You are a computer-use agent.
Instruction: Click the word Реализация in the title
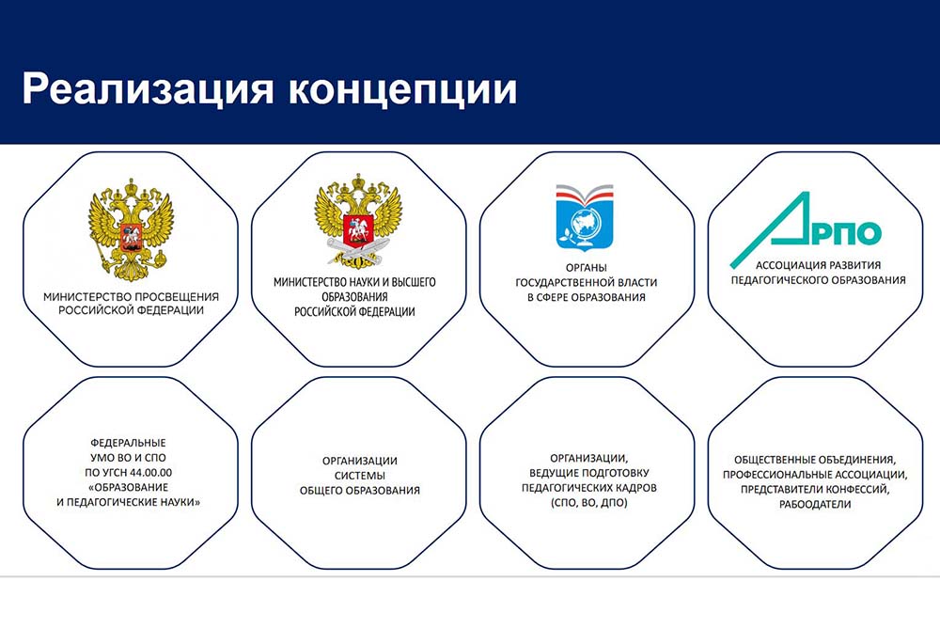[148, 89]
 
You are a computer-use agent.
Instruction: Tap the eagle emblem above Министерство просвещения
[131, 229]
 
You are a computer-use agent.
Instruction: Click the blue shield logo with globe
[585, 217]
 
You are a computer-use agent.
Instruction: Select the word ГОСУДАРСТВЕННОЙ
[561, 283]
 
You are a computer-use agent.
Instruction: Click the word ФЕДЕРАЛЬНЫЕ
[128, 443]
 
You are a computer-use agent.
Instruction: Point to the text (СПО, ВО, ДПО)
[588, 503]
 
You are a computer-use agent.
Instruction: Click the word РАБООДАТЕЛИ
[815, 505]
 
